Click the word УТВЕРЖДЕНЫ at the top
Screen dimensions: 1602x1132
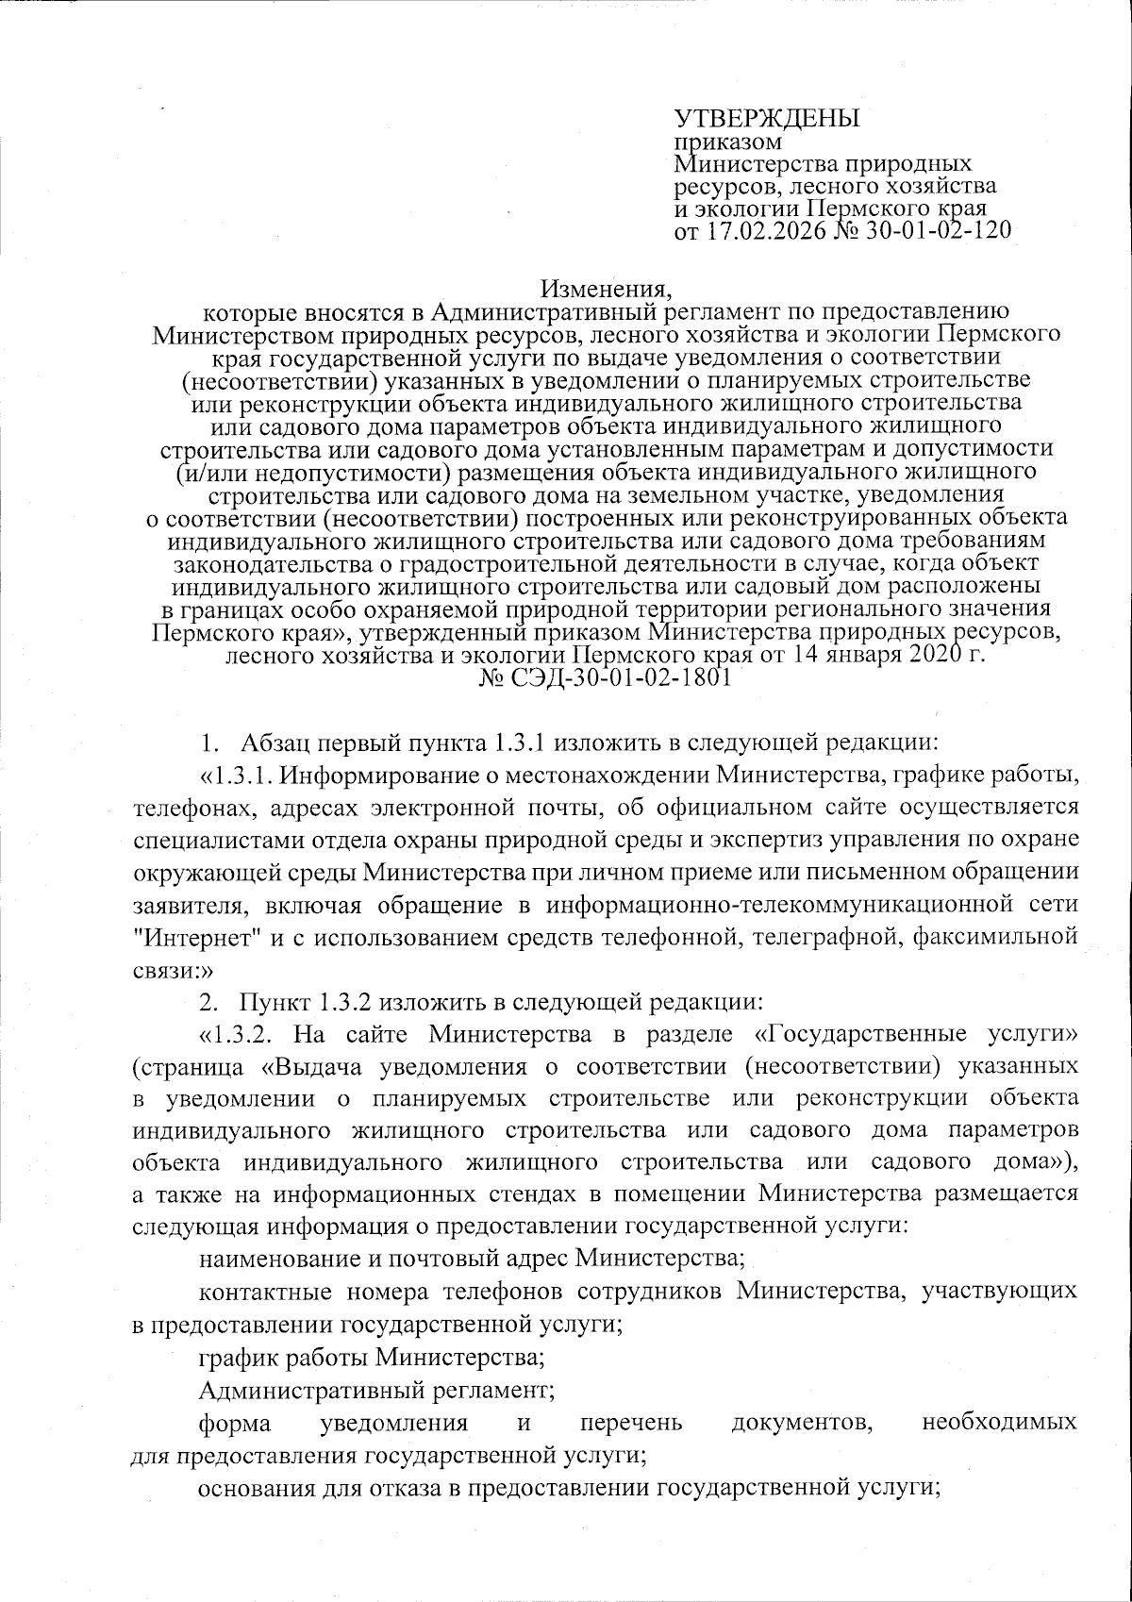(767, 119)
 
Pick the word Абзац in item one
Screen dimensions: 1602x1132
(275, 742)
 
